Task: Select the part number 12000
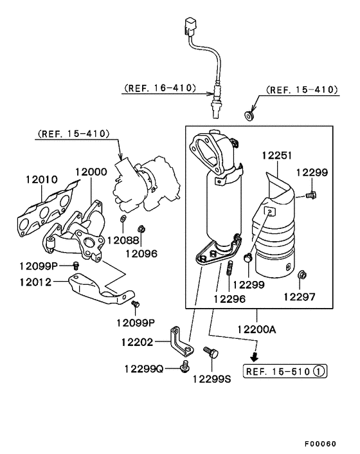click(91, 172)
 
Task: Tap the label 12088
click(122, 241)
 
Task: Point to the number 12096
click(141, 253)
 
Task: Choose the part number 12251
click(278, 155)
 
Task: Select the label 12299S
click(212, 378)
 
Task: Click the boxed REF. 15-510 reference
click(276, 371)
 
